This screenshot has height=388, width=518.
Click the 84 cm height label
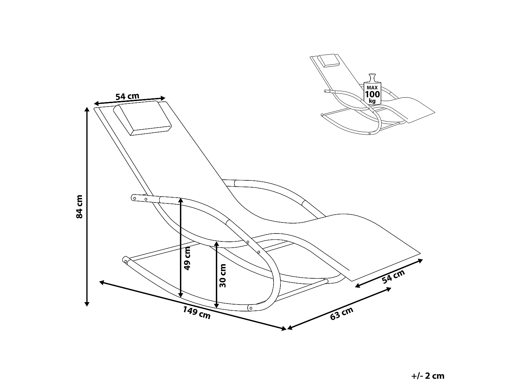pyautogui.click(x=79, y=207)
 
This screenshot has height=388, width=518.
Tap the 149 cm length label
pyautogui.click(x=196, y=313)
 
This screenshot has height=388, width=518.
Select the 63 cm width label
pyautogui.click(x=342, y=314)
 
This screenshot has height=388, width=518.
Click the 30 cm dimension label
pyautogui.click(x=222, y=276)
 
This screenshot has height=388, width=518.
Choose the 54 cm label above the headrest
pyautogui.click(x=127, y=96)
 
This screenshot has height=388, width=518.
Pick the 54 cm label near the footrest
pyautogui.click(x=393, y=276)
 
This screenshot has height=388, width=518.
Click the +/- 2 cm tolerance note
pyautogui.click(x=428, y=376)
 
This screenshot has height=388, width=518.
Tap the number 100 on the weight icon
pyautogui.click(x=372, y=94)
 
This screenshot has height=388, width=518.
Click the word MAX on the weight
pyautogui.click(x=372, y=88)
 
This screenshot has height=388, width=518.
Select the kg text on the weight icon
pyautogui.click(x=372, y=101)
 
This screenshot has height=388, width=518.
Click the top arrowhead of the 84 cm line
pyautogui.click(x=87, y=109)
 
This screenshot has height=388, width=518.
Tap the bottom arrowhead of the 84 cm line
pyautogui.click(x=87, y=304)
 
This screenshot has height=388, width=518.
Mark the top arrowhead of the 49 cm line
pyautogui.click(x=181, y=200)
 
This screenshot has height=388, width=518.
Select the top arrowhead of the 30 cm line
pyautogui.click(x=217, y=243)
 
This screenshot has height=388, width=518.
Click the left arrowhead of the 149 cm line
pyautogui.click(x=102, y=282)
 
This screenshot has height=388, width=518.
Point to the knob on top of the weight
pyautogui.click(x=372, y=78)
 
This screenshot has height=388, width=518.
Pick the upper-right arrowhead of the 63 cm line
pyautogui.click(x=389, y=289)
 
